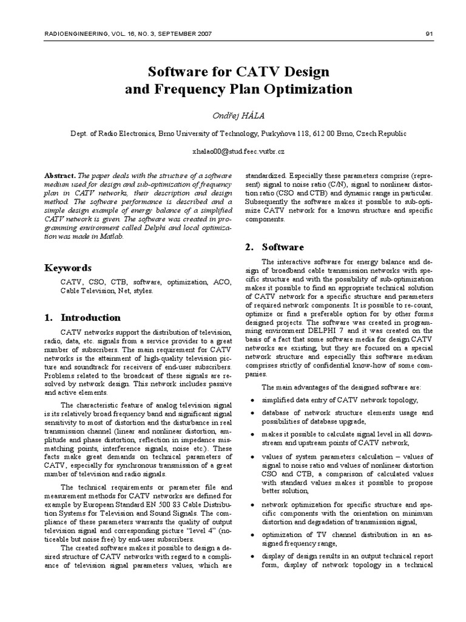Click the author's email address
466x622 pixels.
[233, 150]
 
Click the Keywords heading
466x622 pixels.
[69, 268]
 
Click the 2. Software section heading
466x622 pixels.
[274, 247]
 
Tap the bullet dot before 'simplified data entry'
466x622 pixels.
[252, 400]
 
